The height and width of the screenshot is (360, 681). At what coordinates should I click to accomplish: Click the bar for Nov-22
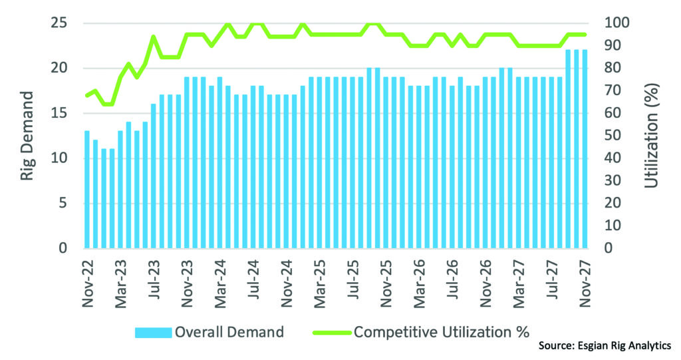(86, 190)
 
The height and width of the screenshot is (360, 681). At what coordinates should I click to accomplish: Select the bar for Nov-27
(585, 149)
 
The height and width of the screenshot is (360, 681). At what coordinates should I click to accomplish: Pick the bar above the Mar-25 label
(319, 163)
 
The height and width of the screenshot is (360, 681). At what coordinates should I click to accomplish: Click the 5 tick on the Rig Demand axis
(63, 204)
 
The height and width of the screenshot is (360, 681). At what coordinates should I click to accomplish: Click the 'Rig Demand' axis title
(27, 136)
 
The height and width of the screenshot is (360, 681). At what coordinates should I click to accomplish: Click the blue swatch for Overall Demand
(153, 331)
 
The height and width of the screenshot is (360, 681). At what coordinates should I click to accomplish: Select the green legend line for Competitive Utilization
(329, 331)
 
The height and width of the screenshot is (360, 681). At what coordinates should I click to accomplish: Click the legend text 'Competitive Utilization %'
(442, 331)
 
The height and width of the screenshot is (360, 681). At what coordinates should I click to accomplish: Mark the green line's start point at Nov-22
(86, 96)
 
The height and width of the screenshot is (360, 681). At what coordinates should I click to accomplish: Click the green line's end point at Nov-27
(585, 35)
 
